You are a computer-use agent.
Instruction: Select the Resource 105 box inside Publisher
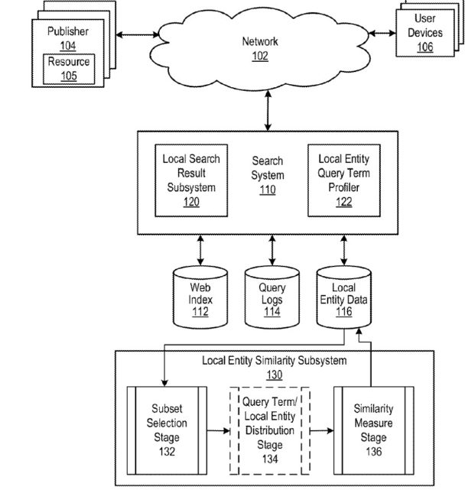(x=69, y=67)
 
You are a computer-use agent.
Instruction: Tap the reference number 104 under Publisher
(x=68, y=45)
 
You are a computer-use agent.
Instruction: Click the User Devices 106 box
(x=428, y=34)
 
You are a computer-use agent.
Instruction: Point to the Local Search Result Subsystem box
(x=191, y=180)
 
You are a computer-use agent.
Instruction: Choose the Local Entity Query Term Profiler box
(x=340, y=180)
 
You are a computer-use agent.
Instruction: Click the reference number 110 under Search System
(x=267, y=190)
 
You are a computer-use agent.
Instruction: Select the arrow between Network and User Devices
(x=383, y=33)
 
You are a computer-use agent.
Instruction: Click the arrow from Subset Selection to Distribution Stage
(x=219, y=430)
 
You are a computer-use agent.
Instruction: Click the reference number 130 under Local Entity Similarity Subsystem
(x=274, y=375)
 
